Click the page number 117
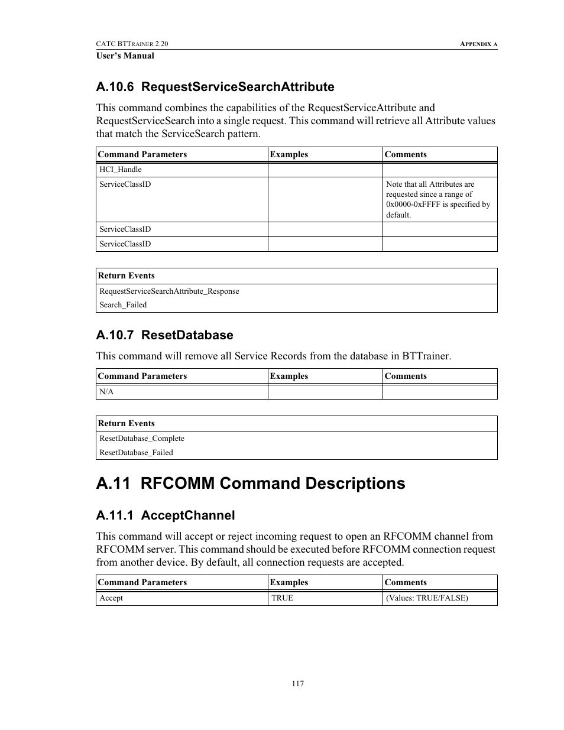pos(297,683)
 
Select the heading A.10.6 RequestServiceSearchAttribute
pos(215,87)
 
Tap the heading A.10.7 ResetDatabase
pos(164,335)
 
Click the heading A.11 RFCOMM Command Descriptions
pos(250,484)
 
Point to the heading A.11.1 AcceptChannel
pos(165,515)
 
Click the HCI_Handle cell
pos(121,170)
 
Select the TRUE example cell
pos(282,598)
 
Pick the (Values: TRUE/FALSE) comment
pos(427,598)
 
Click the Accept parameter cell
pos(111,598)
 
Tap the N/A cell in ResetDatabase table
pos(106,392)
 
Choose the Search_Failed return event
pos(123,305)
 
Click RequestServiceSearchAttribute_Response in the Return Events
pos(169,291)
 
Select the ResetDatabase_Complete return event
pos(142,439)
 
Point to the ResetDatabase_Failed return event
pos(136,453)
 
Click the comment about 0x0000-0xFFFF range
pos(438,199)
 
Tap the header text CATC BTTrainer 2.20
pos(132,44)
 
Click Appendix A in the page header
pos(478,44)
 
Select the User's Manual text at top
pos(125,56)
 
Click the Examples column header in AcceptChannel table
pos(289,582)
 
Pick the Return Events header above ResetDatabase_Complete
pos(127,423)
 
